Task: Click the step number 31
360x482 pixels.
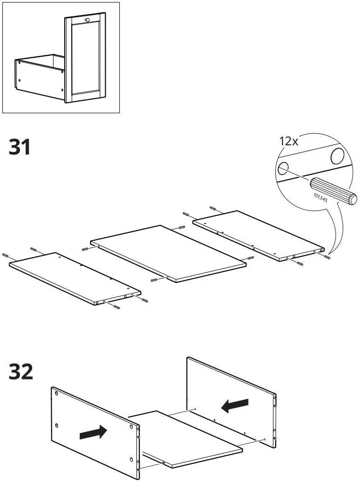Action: click(x=20, y=147)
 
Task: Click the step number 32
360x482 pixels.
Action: click(x=21, y=372)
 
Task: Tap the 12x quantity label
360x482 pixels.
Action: click(x=288, y=141)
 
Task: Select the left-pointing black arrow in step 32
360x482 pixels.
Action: click(x=235, y=405)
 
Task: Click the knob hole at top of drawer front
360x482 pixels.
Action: click(x=87, y=20)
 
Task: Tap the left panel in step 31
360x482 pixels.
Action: click(x=75, y=278)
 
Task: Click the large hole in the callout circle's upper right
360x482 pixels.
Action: click(x=337, y=155)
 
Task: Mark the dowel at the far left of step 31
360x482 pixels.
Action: click(x=6, y=255)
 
